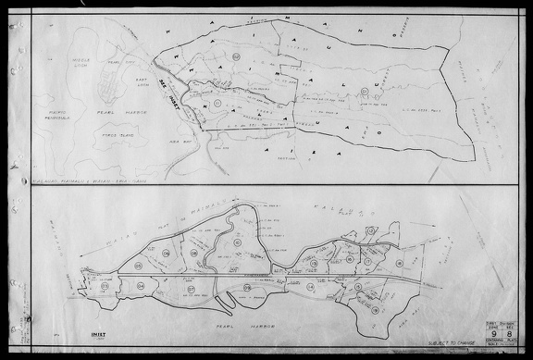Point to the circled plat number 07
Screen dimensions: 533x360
192,289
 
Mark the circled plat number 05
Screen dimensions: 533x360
138,267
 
